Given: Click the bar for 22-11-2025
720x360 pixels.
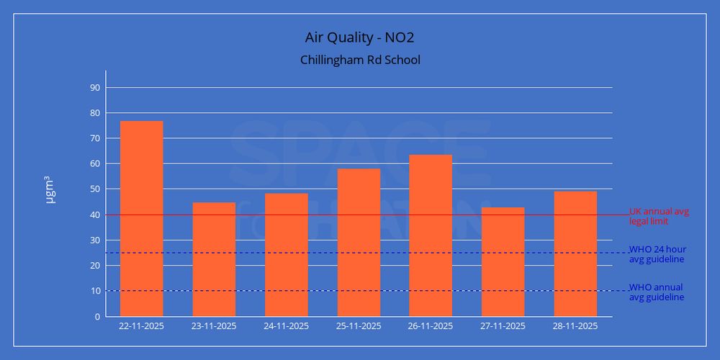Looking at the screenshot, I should (142, 219).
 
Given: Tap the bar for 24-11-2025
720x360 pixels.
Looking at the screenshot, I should (286, 255).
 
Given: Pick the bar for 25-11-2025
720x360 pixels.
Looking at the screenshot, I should (359, 243).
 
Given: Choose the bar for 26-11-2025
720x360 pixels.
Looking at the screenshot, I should (431, 235).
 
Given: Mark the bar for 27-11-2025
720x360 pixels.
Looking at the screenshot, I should (503, 262).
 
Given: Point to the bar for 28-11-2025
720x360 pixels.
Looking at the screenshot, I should (575, 253).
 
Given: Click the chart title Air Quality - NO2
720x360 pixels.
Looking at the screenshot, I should (360, 37).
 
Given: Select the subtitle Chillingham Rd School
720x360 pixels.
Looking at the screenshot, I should (360, 60).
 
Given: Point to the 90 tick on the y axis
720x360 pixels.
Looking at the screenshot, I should (94, 88).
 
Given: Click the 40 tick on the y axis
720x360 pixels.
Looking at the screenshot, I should (94, 215).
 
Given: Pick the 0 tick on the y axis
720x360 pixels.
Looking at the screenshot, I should (97, 317).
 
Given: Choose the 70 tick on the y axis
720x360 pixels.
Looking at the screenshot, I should (94, 138).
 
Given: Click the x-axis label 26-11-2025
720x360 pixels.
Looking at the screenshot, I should (431, 326).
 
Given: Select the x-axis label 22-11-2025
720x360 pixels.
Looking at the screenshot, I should (142, 326).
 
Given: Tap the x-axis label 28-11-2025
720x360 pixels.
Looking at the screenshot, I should (575, 326).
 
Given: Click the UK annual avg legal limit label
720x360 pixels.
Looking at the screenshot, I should (659, 216).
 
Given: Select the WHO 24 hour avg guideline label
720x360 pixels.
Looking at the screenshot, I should (657, 254).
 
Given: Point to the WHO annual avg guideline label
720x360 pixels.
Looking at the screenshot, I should (657, 292).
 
